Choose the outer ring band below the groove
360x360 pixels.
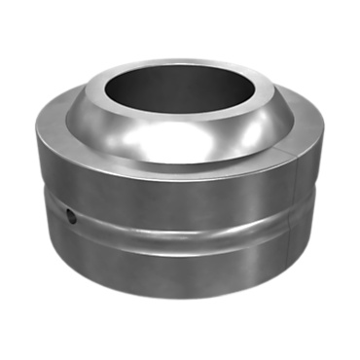(180, 268)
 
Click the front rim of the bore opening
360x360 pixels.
(180, 124)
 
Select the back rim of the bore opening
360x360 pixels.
(180, 66)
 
